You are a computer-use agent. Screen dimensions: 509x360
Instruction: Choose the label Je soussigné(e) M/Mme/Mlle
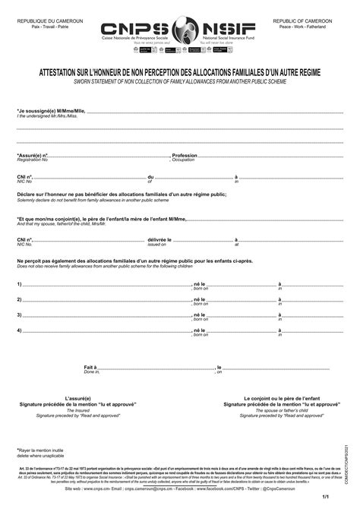(x=51, y=111)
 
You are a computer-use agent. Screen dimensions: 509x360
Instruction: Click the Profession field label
(x=185, y=155)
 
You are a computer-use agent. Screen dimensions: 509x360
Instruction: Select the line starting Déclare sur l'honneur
(x=122, y=195)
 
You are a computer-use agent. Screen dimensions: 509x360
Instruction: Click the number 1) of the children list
(x=19, y=284)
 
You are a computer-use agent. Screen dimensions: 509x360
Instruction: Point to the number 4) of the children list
(x=19, y=330)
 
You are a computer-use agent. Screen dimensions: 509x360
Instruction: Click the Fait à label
(x=90, y=367)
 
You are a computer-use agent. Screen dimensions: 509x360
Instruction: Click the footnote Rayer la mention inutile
(x=43, y=451)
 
